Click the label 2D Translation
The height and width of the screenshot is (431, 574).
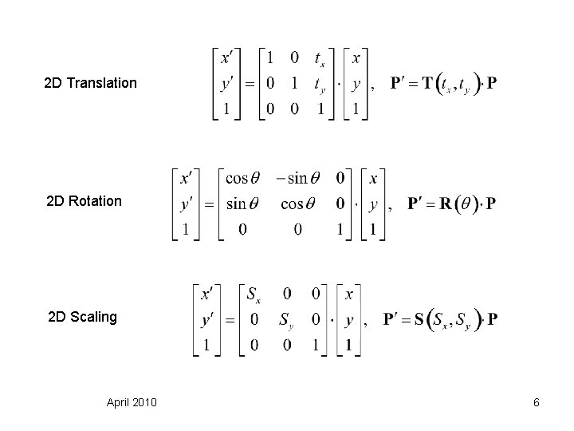click(91, 83)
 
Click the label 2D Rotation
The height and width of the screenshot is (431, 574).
click(85, 201)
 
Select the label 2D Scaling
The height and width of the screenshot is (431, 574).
click(82, 317)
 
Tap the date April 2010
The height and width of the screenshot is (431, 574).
click(132, 402)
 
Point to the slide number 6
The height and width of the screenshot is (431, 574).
click(537, 402)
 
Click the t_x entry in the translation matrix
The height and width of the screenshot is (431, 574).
click(319, 58)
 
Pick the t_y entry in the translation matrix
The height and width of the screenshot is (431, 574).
click(319, 84)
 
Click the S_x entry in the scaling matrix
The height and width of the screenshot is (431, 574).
click(253, 295)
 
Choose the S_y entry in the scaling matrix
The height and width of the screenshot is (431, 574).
click(285, 321)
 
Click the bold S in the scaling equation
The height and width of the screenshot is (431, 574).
click(420, 320)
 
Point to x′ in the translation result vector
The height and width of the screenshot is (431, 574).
click(227, 57)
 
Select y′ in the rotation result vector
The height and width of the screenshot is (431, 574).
click(188, 204)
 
